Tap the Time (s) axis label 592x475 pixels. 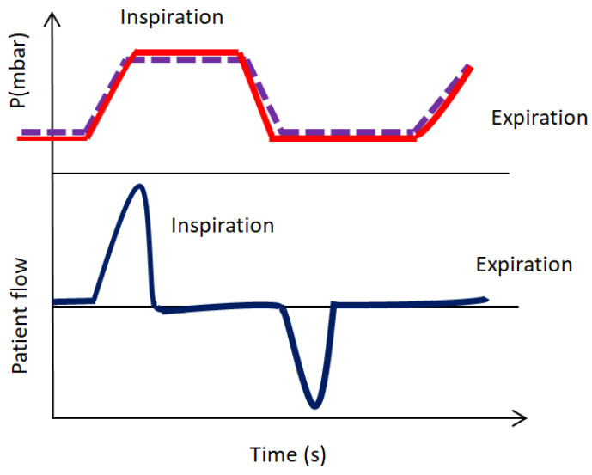tap(288, 454)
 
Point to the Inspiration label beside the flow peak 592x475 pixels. tap(223, 226)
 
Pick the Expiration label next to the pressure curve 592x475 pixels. tap(539, 118)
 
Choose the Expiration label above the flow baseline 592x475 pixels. tap(523, 265)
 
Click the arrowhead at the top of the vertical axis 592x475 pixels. tap(53, 21)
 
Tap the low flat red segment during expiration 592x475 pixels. tap(344, 138)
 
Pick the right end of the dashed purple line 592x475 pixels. tap(468, 65)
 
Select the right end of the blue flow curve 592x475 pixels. tap(485, 299)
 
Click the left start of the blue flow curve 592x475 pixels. tap(56, 301)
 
